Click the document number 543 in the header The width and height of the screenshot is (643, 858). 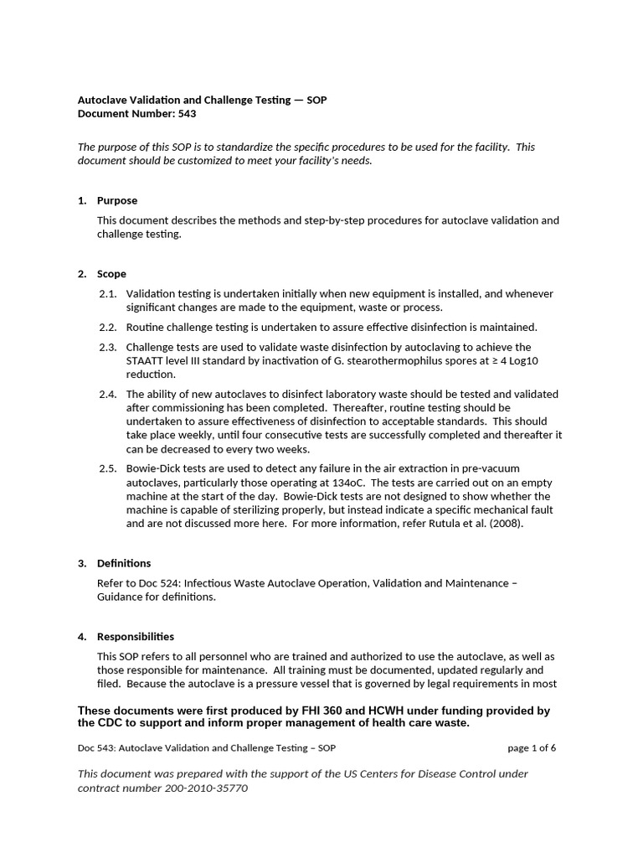click(187, 114)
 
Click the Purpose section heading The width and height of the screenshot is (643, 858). click(117, 201)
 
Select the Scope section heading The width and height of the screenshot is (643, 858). click(111, 274)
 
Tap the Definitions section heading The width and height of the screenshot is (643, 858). click(124, 563)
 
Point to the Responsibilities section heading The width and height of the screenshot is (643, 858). click(136, 637)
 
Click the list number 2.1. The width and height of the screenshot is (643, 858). click(107, 294)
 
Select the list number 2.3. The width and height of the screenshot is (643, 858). click(107, 347)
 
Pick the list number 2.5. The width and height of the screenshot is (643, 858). click(107, 468)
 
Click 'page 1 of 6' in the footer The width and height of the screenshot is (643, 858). click(532, 748)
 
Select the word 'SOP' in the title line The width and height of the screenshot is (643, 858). click(316, 100)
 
